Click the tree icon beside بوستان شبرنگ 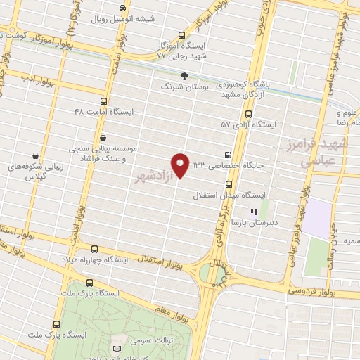[x=184, y=75]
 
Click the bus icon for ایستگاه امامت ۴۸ [x=104, y=101]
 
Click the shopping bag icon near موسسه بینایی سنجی [x=104, y=137]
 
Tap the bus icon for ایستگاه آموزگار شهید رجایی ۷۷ [x=182, y=35]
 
